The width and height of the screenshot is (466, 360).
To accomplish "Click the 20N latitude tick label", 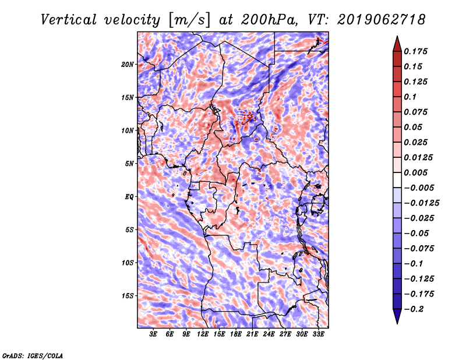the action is pyautogui.click(x=128, y=65).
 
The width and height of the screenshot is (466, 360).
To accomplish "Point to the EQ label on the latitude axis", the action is pyautogui.click(x=129, y=197).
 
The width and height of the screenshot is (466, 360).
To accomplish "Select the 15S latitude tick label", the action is pyautogui.click(x=128, y=296).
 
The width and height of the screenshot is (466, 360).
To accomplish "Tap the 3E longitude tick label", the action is pyautogui.click(x=153, y=334).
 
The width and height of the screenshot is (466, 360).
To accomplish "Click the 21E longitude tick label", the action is pyautogui.click(x=252, y=334).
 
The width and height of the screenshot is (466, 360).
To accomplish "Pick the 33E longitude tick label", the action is pyautogui.click(x=318, y=334).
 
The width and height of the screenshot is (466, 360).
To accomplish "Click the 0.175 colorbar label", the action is pyautogui.click(x=416, y=51).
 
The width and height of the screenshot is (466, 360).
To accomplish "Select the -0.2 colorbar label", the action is pyautogui.click(x=414, y=309).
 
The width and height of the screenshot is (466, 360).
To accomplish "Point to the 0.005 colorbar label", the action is pyautogui.click(x=416, y=172).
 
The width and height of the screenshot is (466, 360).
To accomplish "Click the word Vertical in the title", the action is pyautogui.click(x=69, y=20).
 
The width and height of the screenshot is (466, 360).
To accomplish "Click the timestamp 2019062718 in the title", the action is pyautogui.click(x=382, y=20).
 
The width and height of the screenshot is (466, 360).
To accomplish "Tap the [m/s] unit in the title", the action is pyautogui.click(x=189, y=20).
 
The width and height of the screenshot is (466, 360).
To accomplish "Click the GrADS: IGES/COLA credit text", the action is pyautogui.click(x=33, y=356).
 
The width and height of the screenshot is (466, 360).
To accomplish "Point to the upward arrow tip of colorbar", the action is pyautogui.click(x=397, y=36).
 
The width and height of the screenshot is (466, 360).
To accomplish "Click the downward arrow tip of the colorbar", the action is pyautogui.click(x=397, y=324).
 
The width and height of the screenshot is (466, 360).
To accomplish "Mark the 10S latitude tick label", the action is pyautogui.click(x=128, y=263).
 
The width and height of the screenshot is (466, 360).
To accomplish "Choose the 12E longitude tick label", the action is pyautogui.click(x=203, y=334).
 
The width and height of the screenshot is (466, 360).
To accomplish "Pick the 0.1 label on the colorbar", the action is pyautogui.click(x=410, y=97).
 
